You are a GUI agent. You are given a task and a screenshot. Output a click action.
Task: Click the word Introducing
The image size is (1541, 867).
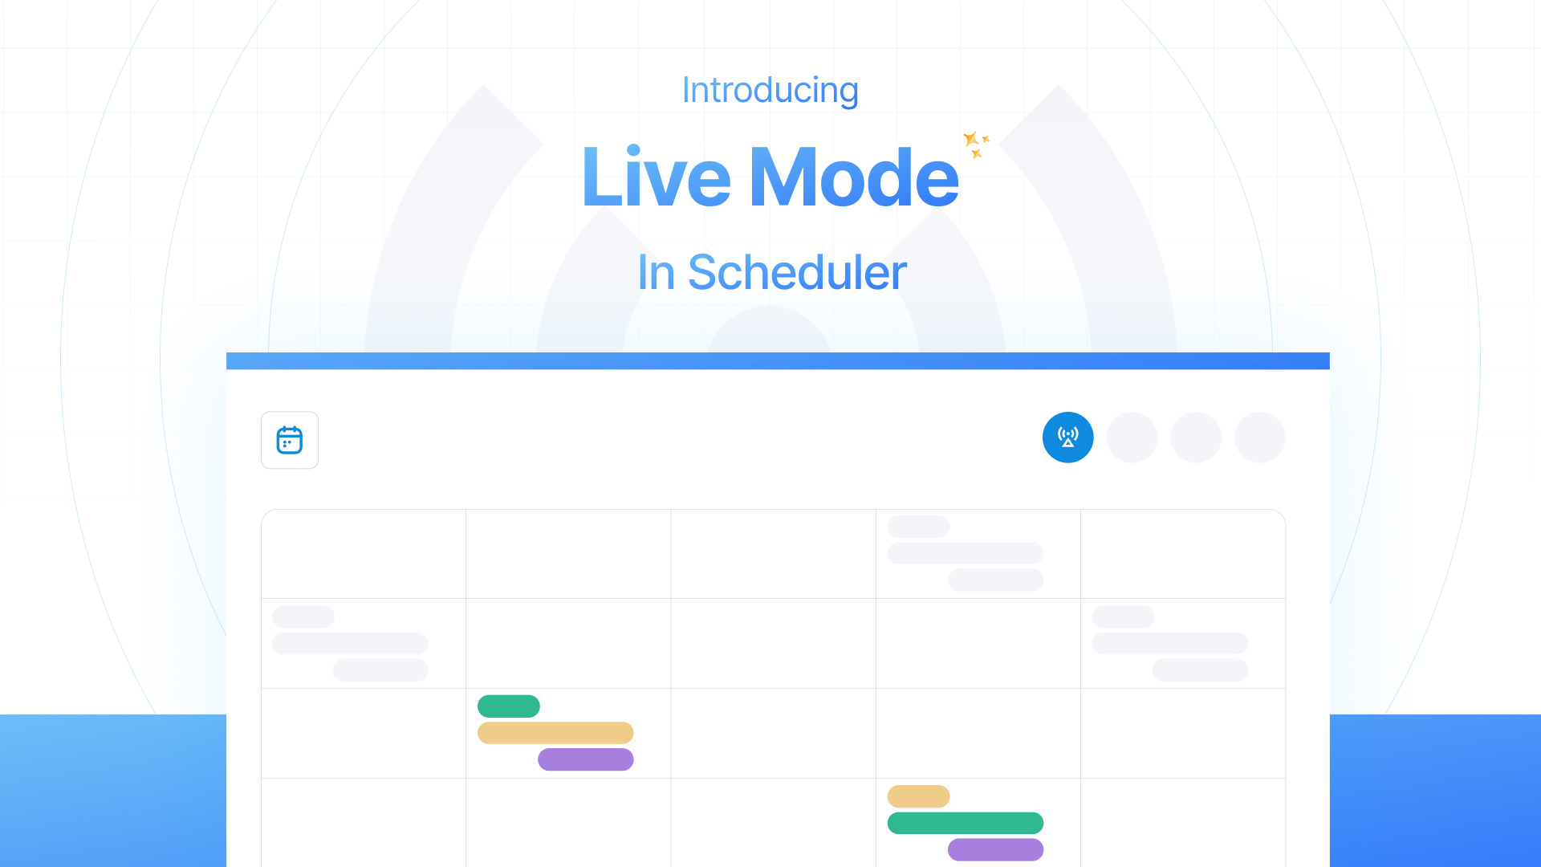[770, 90]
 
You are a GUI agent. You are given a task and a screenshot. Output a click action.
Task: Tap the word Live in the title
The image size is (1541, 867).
[657, 176]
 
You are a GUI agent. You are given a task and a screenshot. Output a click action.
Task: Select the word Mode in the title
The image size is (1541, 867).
[854, 176]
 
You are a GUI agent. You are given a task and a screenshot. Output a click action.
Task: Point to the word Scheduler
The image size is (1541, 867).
[797, 272]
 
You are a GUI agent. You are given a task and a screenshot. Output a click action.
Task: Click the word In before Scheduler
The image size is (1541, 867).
[656, 272]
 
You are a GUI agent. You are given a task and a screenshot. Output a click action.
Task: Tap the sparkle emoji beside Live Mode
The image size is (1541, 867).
[977, 144]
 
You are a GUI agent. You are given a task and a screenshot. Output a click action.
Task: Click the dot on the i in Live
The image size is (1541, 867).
[633, 149]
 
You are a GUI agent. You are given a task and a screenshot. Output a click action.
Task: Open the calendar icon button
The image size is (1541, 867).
[290, 440]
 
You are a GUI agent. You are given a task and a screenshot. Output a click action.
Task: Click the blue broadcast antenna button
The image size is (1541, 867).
[1067, 438]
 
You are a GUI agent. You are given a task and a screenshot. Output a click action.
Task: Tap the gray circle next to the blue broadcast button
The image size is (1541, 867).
[1132, 438]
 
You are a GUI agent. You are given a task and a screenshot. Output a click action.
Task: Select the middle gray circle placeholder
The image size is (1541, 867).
[1196, 438]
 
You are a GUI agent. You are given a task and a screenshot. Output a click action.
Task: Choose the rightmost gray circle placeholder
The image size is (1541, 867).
[1259, 438]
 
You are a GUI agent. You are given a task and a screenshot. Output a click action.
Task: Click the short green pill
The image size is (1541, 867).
[509, 706]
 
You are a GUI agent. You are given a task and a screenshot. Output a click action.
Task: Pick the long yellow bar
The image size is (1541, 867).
[555, 733]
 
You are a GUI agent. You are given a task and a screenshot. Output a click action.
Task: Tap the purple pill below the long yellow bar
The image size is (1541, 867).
[586, 759]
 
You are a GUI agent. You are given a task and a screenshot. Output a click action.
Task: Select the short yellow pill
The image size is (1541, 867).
[918, 796]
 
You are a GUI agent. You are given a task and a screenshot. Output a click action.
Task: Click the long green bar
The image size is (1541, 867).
[965, 823]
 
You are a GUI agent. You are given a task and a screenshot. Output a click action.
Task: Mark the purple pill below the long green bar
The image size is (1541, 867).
[995, 849]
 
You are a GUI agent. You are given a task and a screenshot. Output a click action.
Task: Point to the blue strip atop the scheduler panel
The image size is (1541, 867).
[778, 361]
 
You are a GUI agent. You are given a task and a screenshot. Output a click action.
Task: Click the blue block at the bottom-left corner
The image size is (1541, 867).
[113, 791]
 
